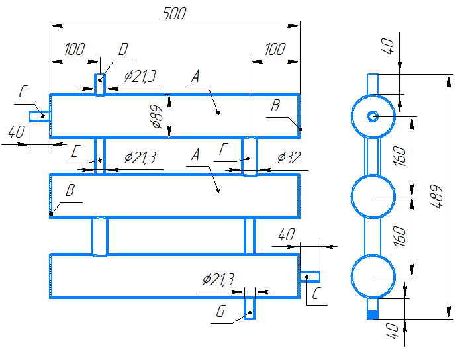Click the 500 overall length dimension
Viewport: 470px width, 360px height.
click(174, 13)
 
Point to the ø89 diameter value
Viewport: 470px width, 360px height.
click(158, 116)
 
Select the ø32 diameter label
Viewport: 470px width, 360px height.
click(289, 157)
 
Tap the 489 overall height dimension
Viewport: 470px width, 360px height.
click(436, 197)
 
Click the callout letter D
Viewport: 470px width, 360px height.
click(123, 49)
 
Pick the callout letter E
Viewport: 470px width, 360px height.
click(75, 151)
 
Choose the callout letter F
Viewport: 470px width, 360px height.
click(223, 149)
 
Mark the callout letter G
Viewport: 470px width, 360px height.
click(220, 312)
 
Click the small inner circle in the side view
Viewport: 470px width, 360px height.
click(373, 116)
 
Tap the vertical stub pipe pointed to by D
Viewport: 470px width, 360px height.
click(100, 85)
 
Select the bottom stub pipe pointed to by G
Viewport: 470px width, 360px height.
click(250, 308)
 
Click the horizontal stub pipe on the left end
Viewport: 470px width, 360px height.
click(40, 116)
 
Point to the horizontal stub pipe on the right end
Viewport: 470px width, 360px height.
click(310, 277)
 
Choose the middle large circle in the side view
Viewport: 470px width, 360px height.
click(351, 197)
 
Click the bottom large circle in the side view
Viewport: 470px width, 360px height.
click(351, 277)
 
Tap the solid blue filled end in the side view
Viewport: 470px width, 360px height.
click(373, 315)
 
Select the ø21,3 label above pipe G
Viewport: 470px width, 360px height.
click(218, 280)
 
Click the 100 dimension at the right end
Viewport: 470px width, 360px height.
click(275, 49)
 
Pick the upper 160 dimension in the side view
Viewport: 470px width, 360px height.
click(400, 156)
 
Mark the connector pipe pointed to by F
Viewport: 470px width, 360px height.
click(250, 156)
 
